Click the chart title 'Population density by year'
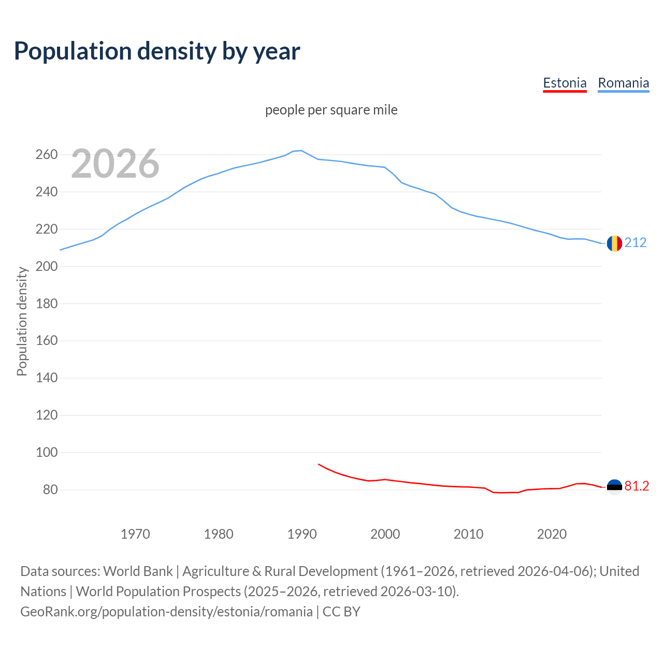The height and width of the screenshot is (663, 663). coord(157,51)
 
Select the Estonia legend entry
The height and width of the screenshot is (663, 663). coord(565,83)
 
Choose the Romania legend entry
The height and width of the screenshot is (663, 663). coord(623,83)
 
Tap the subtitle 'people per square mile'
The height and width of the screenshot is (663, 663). coord(331,110)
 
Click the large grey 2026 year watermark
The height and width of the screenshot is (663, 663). coord(115,164)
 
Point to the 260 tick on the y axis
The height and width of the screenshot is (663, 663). coord(46,155)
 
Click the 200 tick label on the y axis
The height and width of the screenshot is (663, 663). coord(46,266)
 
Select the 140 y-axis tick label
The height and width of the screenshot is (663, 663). coord(46,378)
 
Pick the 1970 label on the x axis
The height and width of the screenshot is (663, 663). coord(135,534)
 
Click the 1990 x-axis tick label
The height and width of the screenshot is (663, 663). coord(302,534)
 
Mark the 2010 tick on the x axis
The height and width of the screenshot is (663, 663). coord(468,534)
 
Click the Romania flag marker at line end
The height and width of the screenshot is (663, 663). coord(614,243)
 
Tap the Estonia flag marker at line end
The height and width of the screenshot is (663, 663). coord(614,487)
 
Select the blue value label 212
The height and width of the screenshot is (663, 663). coord(636,242)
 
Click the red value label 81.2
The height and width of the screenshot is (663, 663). coord(637,486)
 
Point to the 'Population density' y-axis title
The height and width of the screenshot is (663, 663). coord(22,321)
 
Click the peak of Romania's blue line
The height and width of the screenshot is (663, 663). coord(301,151)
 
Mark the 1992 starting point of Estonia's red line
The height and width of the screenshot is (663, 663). coord(319,464)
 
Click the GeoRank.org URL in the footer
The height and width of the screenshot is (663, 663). coord(166,612)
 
